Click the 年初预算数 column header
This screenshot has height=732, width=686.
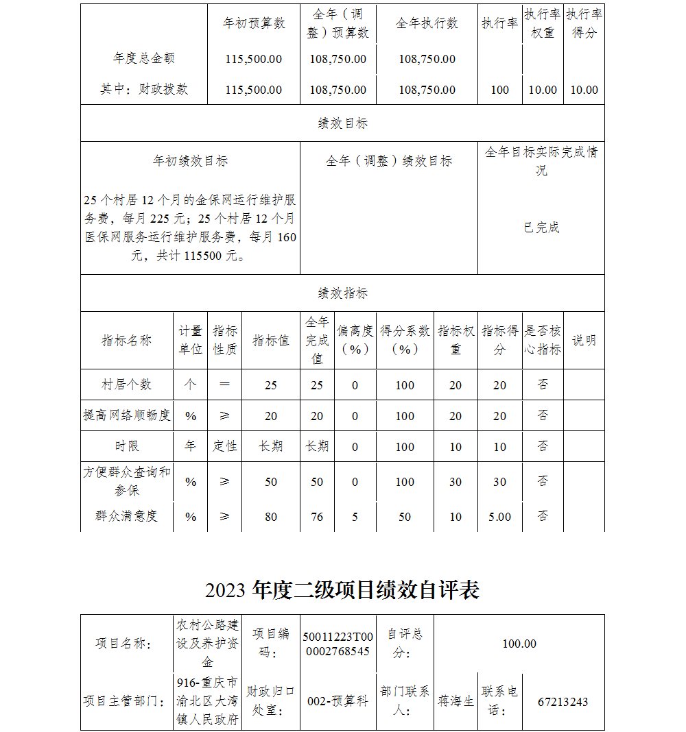[x=254, y=23]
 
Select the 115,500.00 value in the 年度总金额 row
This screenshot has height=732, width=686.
[x=254, y=59]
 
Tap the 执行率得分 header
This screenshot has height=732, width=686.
[x=584, y=23]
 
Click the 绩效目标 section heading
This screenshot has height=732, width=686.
[x=343, y=123]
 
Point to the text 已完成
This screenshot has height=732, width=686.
[x=541, y=228]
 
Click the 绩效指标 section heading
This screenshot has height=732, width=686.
[x=343, y=293]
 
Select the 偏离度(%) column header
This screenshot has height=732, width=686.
[x=355, y=340]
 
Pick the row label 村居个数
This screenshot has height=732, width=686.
[x=127, y=385]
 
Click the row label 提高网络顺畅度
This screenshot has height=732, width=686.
[x=127, y=415]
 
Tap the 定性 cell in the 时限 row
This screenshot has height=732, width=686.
[x=225, y=446]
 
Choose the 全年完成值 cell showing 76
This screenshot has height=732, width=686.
[x=317, y=517]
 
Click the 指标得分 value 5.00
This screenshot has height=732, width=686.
[x=499, y=517]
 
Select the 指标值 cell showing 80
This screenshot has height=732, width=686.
[x=271, y=517]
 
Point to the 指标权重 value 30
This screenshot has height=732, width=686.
[x=456, y=482]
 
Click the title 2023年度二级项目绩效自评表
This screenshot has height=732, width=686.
[x=342, y=590]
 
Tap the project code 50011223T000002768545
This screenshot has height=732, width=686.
[x=338, y=644]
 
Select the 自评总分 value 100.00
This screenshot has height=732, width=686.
[x=519, y=644]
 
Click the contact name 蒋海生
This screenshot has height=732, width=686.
[x=456, y=701]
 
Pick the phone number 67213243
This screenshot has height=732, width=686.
[x=563, y=701]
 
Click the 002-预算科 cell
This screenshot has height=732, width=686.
[x=338, y=701]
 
